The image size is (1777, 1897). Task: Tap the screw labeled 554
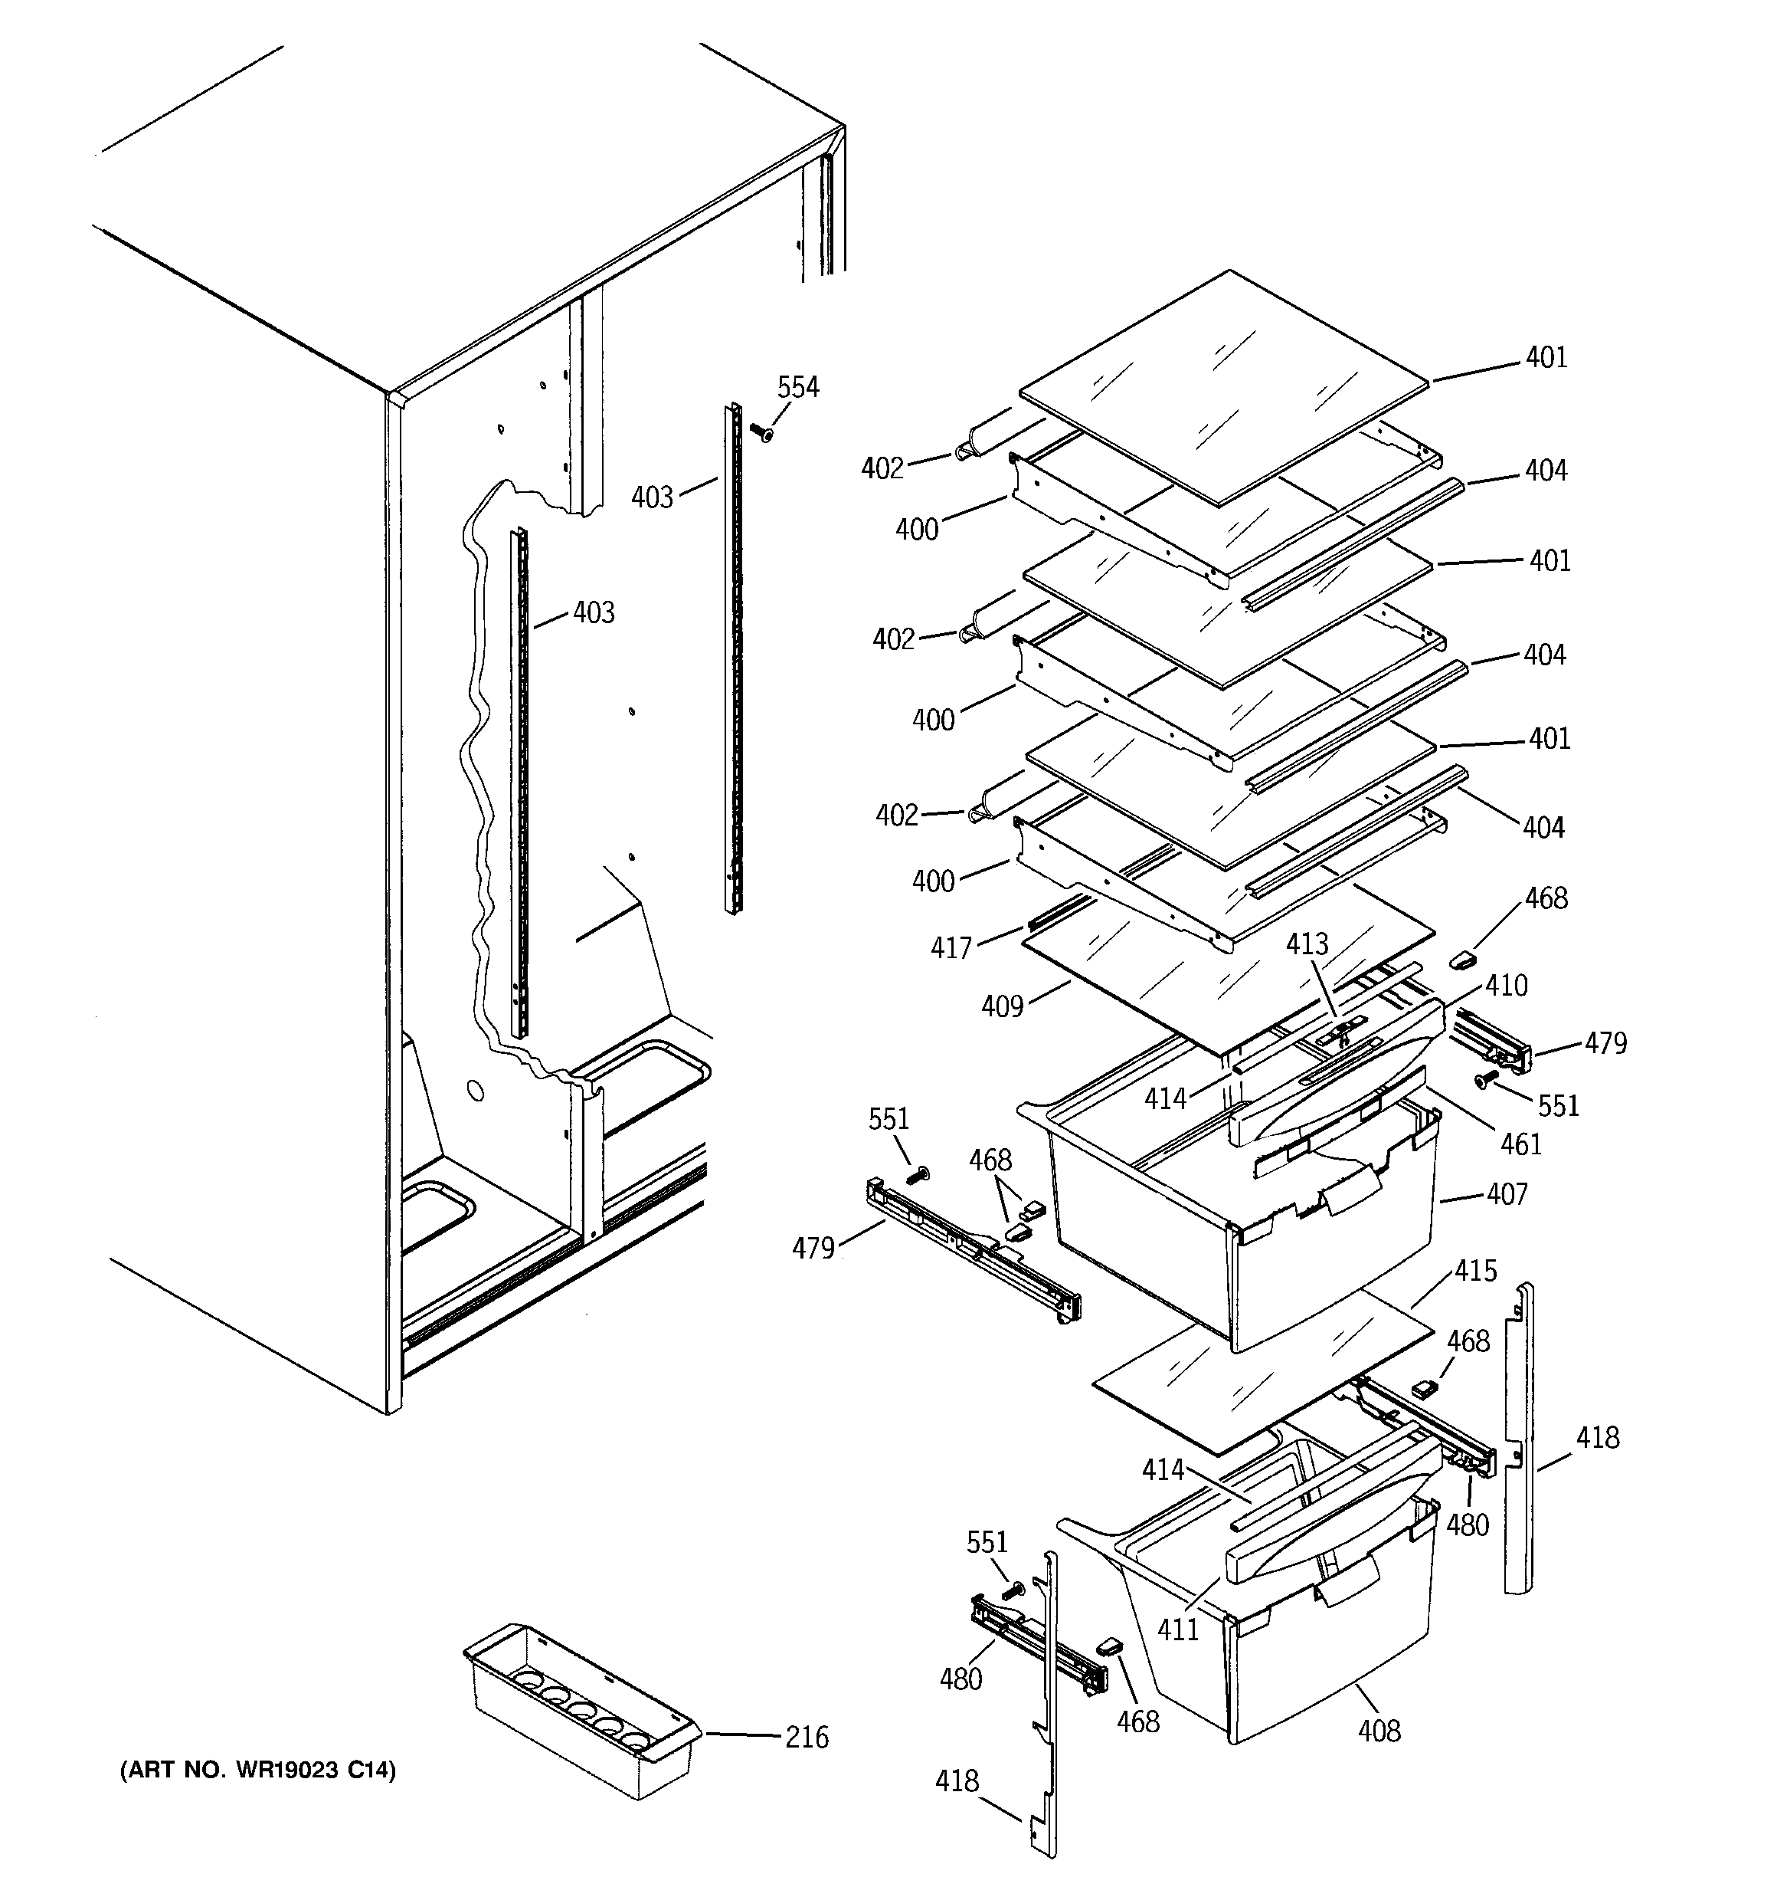point(763,434)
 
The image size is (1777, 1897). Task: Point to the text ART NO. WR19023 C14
point(257,1770)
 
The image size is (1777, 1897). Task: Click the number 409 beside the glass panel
point(1002,1006)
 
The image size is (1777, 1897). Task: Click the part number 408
point(1379,1730)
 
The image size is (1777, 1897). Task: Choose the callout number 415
point(1475,1270)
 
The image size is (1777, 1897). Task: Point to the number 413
point(1307,944)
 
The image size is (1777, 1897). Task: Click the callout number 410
point(1506,985)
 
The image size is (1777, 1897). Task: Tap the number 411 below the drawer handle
point(1178,1629)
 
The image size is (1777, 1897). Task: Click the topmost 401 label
point(1546,357)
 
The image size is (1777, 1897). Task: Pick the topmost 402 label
point(882,468)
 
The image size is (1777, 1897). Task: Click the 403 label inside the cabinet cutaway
point(594,612)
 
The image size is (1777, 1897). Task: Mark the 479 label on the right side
point(1605,1043)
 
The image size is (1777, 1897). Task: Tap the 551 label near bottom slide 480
point(987,1543)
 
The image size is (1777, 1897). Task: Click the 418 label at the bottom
point(957,1780)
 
